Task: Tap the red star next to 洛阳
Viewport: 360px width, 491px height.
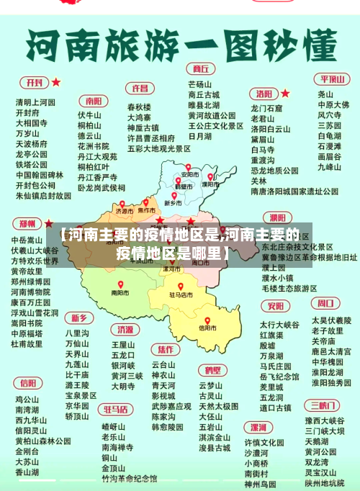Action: [x=285, y=93]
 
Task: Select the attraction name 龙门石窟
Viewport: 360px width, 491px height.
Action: [x=266, y=109]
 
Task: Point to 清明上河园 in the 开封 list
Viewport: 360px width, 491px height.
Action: [x=35, y=102]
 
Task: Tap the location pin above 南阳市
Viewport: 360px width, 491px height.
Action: [x=121, y=284]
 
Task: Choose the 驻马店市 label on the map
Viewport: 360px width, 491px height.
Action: [x=181, y=294]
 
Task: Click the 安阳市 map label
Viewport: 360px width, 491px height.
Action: [x=190, y=175]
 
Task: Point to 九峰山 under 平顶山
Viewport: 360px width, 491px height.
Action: [x=328, y=167]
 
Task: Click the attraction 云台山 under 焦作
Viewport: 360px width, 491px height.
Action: [x=163, y=365]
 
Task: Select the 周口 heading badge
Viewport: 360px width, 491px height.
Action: [x=327, y=303]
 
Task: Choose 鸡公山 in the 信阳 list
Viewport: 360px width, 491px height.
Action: [x=27, y=400]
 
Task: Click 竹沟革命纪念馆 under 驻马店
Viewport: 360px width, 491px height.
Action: [x=129, y=478]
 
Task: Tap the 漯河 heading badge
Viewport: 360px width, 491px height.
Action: [x=276, y=217]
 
